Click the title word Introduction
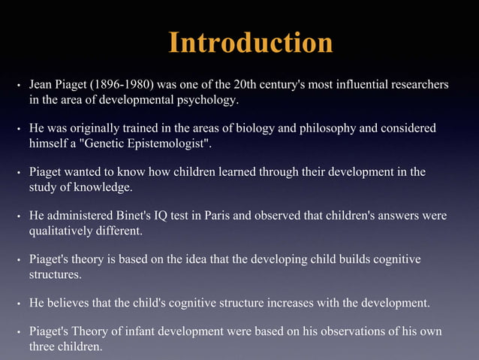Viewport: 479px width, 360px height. click(x=251, y=42)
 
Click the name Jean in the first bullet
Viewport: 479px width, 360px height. click(x=41, y=85)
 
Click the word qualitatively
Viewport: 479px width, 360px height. click(x=61, y=231)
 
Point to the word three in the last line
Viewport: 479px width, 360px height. click(x=43, y=346)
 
